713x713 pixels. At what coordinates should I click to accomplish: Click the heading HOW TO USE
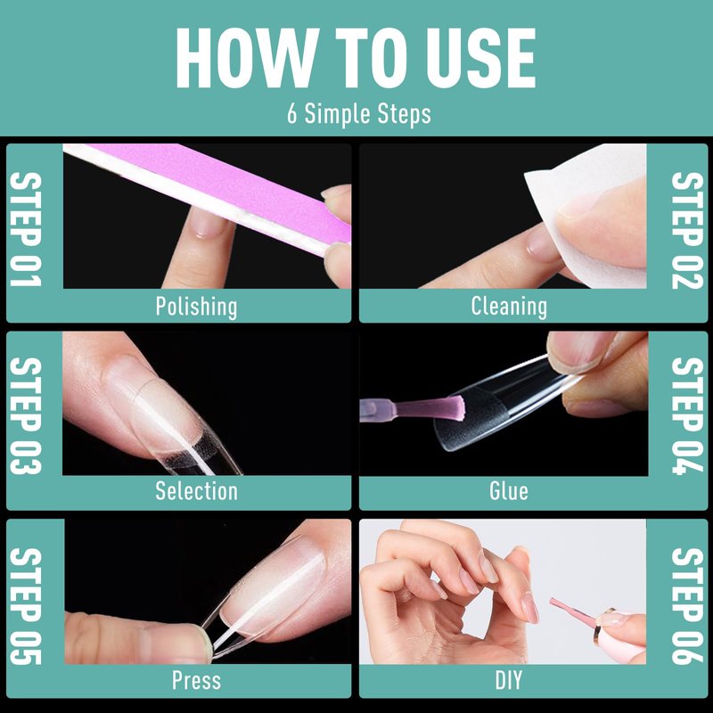(x=356, y=58)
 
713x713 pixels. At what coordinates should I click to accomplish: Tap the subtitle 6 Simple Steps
(x=359, y=114)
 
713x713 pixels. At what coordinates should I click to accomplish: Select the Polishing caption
(x=196, y=307)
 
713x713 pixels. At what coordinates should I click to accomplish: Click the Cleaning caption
(x=509, y=306)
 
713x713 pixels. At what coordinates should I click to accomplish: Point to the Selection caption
(x=196, y=491)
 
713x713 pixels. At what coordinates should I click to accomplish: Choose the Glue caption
(x=509, y=491)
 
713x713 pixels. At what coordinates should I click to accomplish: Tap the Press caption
(x=196, y=681)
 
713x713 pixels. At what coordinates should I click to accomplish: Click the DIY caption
(x=509, y=681)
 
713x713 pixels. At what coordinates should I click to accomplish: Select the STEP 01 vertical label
(x=26, y=229)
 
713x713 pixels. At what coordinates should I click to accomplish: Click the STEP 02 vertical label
(x=687, y=230)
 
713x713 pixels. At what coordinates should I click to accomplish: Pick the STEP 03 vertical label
(x=26, y=415)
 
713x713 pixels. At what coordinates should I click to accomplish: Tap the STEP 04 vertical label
(x=687, y=415)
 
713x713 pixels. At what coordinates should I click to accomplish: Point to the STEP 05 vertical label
(x=26, y=606)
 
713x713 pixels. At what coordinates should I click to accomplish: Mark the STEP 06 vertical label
(x=687, y=606)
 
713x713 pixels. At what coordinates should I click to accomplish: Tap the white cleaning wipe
(x=591, y=214)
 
